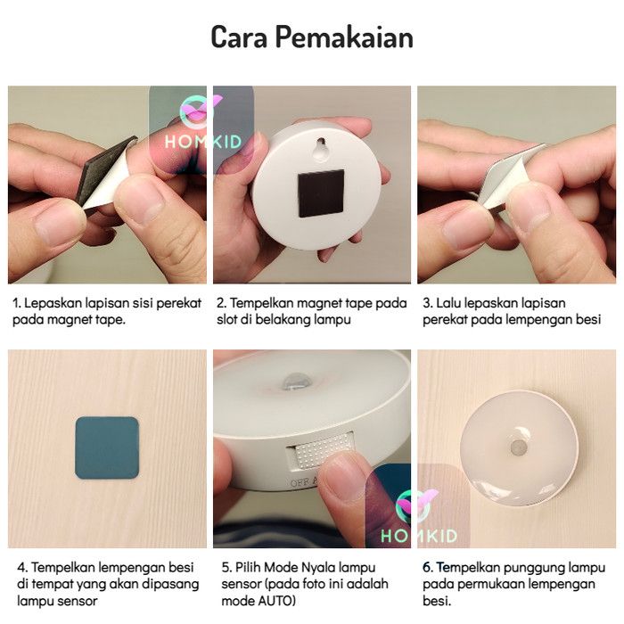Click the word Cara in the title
coord(239,37)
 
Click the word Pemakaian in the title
coord(344,37)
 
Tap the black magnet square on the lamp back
coord(321,193)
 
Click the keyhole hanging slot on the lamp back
coord(321,148)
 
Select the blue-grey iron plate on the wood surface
coord(107,447)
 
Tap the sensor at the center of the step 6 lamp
coord(519,447)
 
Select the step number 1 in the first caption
coord(16,303)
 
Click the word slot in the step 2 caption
coord(226,319)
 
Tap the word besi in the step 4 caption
coord(181,567)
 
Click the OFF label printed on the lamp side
coord(299,483)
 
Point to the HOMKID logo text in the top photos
coord(203,142)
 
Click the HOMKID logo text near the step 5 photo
coord(419,536)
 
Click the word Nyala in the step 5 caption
coord(316,568)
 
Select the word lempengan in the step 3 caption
coord(542,320)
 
